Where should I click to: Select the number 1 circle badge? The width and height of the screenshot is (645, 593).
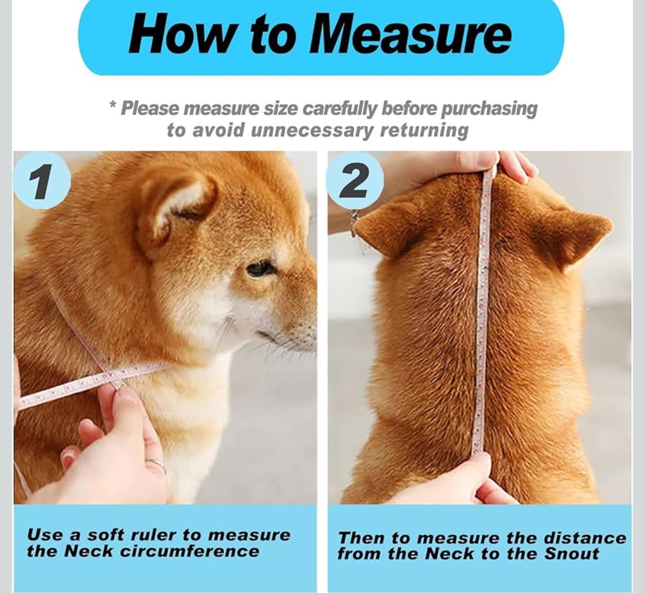click(x=42, y=181)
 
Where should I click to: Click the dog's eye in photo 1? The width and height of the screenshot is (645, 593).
click(x=260, y=268)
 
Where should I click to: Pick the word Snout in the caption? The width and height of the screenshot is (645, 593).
click(x=572, y=553)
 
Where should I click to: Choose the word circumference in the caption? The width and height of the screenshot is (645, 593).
click(x=190, y=551)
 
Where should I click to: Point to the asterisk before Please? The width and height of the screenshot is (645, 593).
click(x=113, y=105)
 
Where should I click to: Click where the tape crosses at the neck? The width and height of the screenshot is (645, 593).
click(x=113, y=373)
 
